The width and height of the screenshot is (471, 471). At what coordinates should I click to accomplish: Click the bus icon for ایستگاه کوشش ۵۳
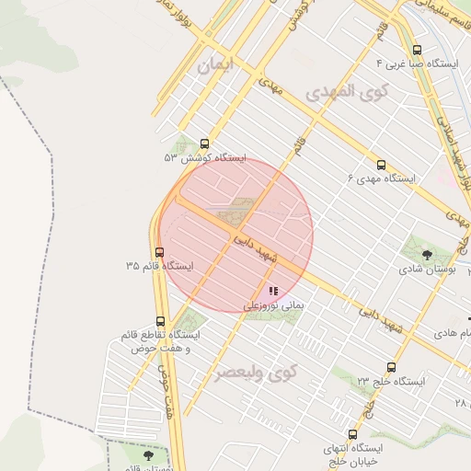pyautogui.click(x=203, y=144)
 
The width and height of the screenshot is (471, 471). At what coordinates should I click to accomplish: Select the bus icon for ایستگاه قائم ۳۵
pyautogui.click(x=159, y=252)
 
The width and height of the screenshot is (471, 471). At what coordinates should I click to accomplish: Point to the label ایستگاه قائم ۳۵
pyautogui.click(x=160, y=266)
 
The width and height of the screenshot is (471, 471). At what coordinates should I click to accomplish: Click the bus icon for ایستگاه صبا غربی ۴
pyautogui.click(x=417, y=51)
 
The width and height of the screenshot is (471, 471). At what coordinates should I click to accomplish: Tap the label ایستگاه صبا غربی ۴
pyautogui.click(x=417, y=64)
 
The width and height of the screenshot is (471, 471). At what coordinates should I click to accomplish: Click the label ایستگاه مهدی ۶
pyautogui.click(x=381, y=177)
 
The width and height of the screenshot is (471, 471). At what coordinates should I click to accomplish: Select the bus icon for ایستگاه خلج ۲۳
pyautogui.click(x=392, y=367)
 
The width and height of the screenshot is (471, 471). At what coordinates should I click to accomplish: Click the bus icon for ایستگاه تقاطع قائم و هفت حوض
pyautogui.click(x=161, y=322)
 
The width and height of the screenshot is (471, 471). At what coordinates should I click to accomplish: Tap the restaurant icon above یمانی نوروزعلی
pyautogui.click(x=273, y=291)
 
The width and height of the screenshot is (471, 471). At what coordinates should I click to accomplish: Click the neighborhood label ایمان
pyautogui.click(x=217, y=65)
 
